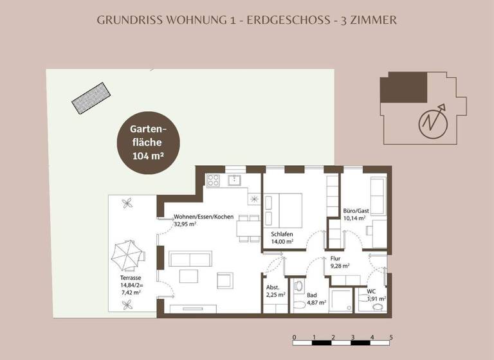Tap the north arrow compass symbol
point(432,120)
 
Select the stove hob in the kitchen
point(214,181)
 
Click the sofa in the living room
point(188,259)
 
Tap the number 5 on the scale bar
point(391,337)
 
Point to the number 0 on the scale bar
point(294,337)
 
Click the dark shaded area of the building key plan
point(404,87)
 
